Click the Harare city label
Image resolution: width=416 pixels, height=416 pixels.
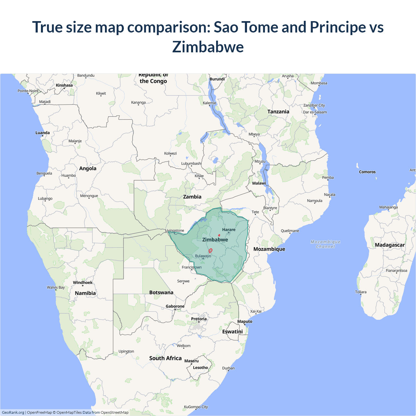point(229,229)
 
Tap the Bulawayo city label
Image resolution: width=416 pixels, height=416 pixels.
point(203,256)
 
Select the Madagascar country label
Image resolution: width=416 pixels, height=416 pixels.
point(390,245)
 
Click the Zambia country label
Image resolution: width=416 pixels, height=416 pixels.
point(192,197)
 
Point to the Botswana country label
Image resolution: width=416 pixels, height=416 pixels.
point(161,292)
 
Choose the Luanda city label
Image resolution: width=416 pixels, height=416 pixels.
point(43,133)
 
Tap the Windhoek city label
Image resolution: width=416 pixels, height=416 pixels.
point(83,282)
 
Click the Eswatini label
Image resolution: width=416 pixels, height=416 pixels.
point(232,331)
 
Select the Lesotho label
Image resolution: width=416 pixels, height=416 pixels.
point(201,368)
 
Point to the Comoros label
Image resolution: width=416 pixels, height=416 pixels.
point(367,172)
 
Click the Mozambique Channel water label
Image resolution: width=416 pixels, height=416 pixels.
point(326,244)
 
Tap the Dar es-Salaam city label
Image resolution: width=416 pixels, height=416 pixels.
point(315,112)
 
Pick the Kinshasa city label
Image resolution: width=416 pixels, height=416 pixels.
point(64,85)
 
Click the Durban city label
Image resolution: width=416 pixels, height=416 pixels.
point(228,368)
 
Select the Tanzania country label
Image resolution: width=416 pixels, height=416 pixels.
point(278,111)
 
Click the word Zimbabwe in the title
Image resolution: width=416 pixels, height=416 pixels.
point(208,47)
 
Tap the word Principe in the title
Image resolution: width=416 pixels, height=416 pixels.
point(338,27)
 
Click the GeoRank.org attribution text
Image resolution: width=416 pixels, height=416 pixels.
point(13,412)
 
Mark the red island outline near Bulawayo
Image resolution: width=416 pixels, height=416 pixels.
point(211,251)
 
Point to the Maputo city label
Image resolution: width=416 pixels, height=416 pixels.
point(245,321)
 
